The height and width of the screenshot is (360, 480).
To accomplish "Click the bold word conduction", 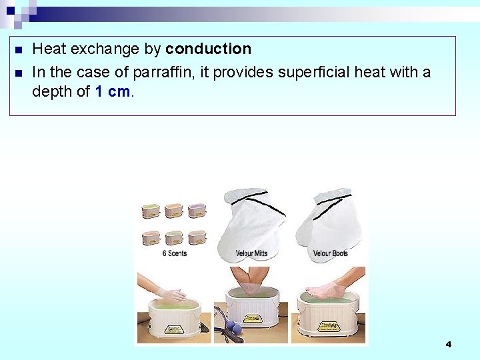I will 208,49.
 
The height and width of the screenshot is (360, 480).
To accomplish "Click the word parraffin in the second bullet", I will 166,72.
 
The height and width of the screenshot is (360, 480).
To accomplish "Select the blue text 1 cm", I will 113,92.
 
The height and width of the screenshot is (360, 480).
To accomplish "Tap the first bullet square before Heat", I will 18,50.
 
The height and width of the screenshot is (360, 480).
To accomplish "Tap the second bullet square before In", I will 18,73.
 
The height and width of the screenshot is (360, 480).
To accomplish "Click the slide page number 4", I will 448,344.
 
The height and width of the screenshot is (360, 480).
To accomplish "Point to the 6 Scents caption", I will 174,253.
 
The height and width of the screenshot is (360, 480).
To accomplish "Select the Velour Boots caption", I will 330,253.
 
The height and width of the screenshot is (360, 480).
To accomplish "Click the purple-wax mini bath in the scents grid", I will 197,211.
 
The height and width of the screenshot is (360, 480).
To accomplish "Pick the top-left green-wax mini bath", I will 151,211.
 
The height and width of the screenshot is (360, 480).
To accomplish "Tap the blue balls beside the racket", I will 231,327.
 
